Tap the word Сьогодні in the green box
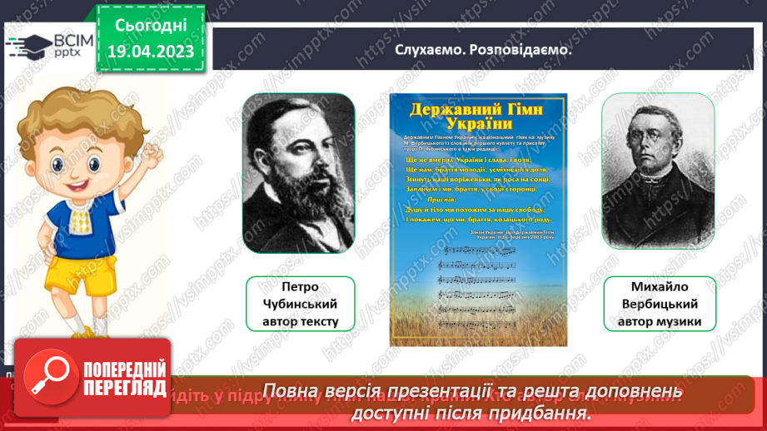pos(150,25)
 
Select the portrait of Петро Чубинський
pos(298,173)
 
